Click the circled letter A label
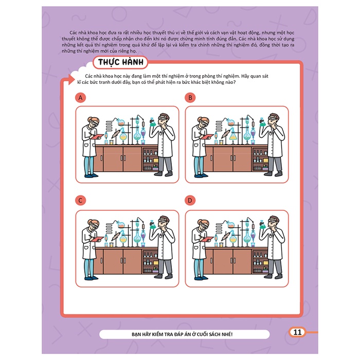click(x=80, y=98)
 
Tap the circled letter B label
click(x=190, y=98)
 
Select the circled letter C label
click(x=80, y=201)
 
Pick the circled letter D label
click(x=190, y=201)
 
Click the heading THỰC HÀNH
click(x=120, y=62)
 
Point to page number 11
click(x=297, y=332)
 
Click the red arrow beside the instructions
click(x=71, y=79)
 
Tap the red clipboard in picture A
click(x=97, y=136)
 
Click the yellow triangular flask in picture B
click(x=233, y=136)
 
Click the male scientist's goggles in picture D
click(x=272, y=221)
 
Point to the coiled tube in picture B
click(x=219, y=126)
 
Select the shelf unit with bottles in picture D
click(x=260, y=261)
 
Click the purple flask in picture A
click(x=143, y=133)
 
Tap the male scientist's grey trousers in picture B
click(x=275, y=165)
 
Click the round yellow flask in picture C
click(x=123, y=240)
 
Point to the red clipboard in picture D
click(x=207, y=239)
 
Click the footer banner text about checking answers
click(x=182, y=334)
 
